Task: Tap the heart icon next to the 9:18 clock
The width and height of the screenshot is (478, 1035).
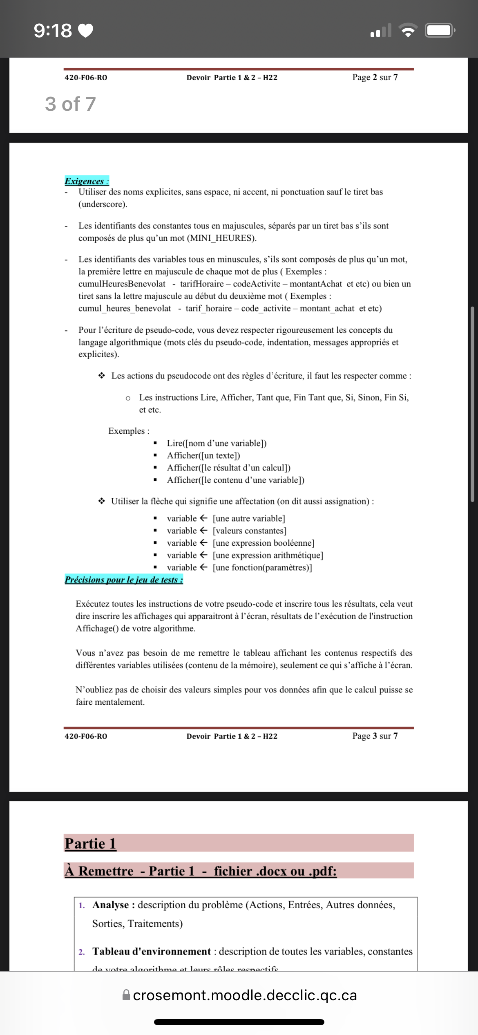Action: [85, 31]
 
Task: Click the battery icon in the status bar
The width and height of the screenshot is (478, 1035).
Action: [439, 31]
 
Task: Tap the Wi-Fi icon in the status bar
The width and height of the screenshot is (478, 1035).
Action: [407, 31]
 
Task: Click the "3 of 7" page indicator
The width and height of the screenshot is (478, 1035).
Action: [70, 104]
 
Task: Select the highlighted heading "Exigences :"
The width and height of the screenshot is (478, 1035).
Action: [87, 181]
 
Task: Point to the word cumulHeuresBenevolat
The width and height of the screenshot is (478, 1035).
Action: [122, 284]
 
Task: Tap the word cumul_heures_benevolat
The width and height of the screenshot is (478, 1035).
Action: [125, 308]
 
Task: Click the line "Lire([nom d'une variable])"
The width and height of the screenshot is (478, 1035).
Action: [217, 443]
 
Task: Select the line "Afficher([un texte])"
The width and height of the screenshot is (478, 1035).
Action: [203, 455]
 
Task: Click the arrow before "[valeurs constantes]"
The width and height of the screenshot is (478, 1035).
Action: [204, 531]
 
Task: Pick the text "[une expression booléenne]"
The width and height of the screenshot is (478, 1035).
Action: [264, 543]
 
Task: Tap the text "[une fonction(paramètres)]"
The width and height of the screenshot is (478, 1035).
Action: [262, 567]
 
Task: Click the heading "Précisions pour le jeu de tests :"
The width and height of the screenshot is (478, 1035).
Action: [124, 580]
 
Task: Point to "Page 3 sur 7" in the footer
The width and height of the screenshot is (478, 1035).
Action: [375, 736]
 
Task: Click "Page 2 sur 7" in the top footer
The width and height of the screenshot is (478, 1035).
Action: [375, 77]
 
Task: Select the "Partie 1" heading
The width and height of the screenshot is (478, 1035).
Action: [90, 843]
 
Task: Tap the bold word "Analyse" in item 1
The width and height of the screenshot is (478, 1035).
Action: [110, 905]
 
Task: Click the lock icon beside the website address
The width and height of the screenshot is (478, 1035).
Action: [126, 995]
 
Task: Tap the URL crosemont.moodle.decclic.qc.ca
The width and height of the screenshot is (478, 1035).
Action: [245, 995]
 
